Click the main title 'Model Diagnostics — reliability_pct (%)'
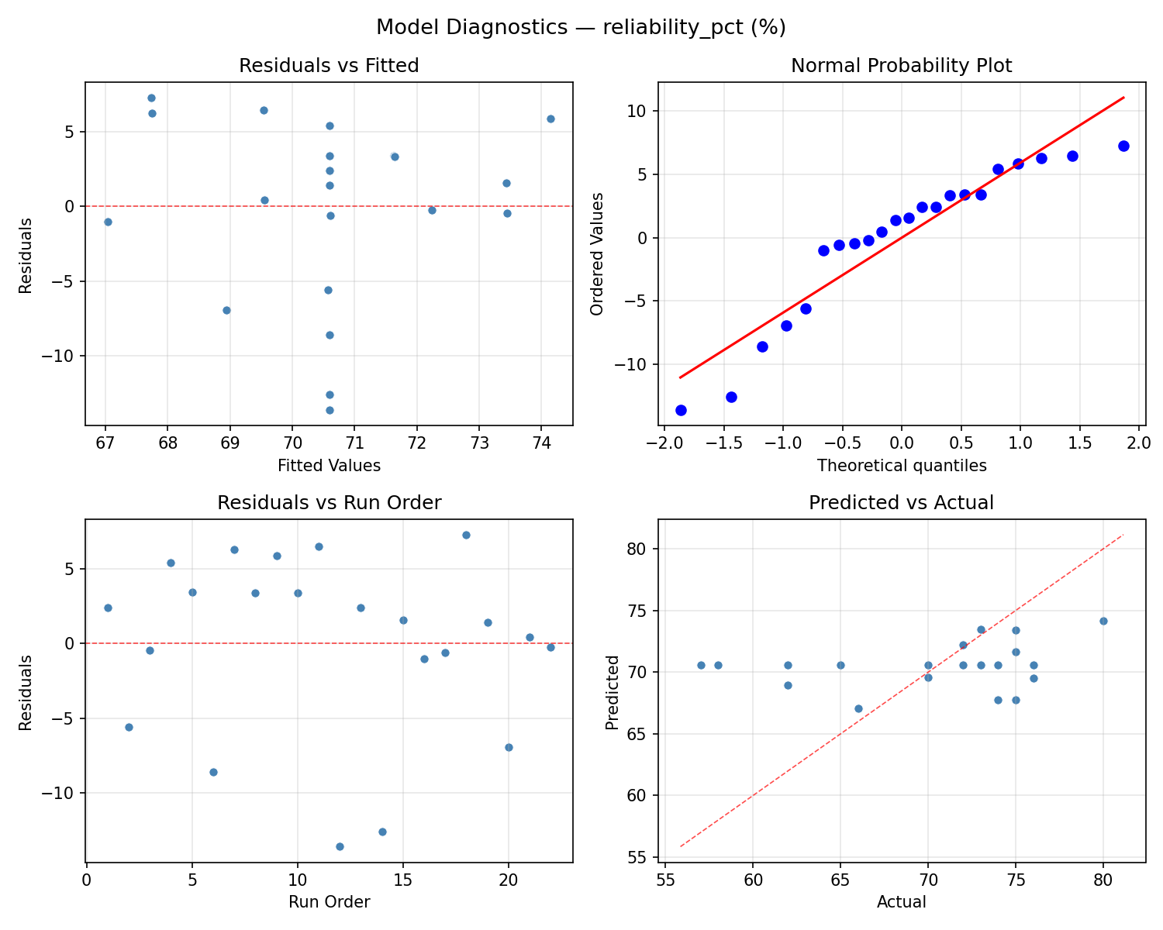(x=581, y=28)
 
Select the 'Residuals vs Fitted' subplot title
(x=329, y=66)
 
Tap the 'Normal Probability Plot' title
(x=901, y=66)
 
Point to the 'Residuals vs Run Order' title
(x=329, y=503)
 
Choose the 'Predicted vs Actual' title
(x=901, y=503)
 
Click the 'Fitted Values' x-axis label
(x=329, y=466)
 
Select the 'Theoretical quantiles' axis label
(x=901, y=466)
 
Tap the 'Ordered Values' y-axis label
(x=596, y=253)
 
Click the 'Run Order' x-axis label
(x=329, y=902)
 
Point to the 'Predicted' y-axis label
(x=613, y=692)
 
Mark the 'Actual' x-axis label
(x=901, y=902)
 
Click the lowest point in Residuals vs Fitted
(x=330, y=410)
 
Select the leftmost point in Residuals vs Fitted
(x=108, y=222)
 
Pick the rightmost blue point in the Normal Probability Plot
(x=1123, y=146)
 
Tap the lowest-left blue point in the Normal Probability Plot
(x=681, y=410)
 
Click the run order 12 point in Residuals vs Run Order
(x=340, y=846)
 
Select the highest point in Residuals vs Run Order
(x=466, y=535)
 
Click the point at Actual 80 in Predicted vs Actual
(x=1103, y=621)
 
